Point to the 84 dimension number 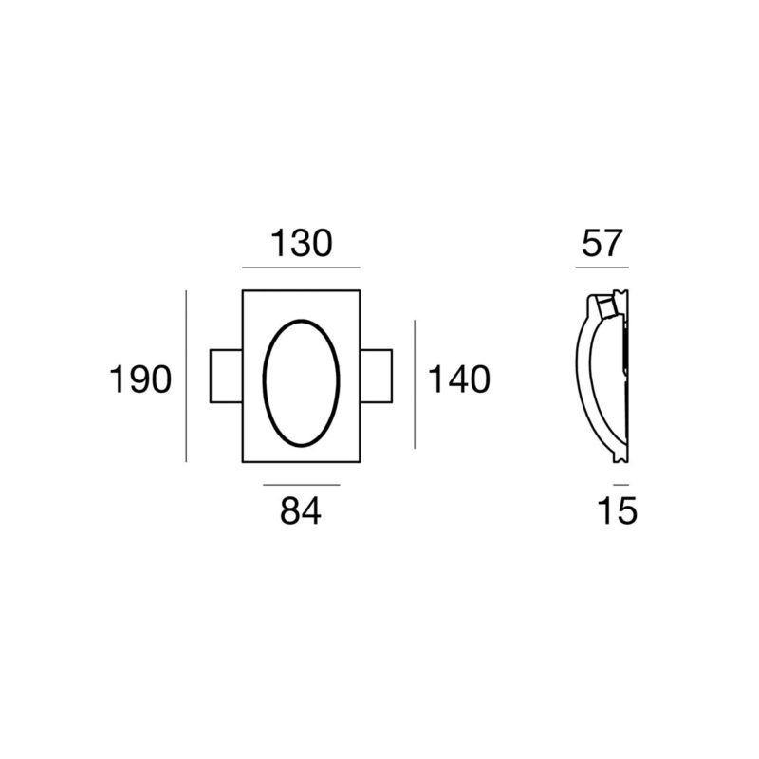pos(301,510)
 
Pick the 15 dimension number pos(618,510)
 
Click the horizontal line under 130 pos(301,268)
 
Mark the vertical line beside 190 pos(186,376)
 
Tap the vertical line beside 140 pos(415,384)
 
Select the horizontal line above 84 pos(302,485)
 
